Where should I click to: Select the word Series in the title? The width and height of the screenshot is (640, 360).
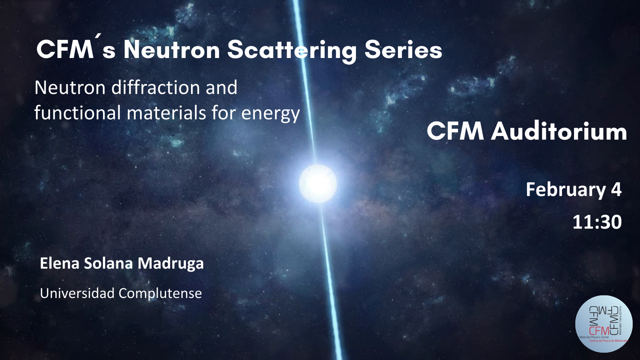(403, 50)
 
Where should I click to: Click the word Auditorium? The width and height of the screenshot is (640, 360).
(558, 132)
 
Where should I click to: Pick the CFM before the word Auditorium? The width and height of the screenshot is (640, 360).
(456, 132)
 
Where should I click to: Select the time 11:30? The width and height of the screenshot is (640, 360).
(597, 222)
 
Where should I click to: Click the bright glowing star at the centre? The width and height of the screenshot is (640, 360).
(318, 183)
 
